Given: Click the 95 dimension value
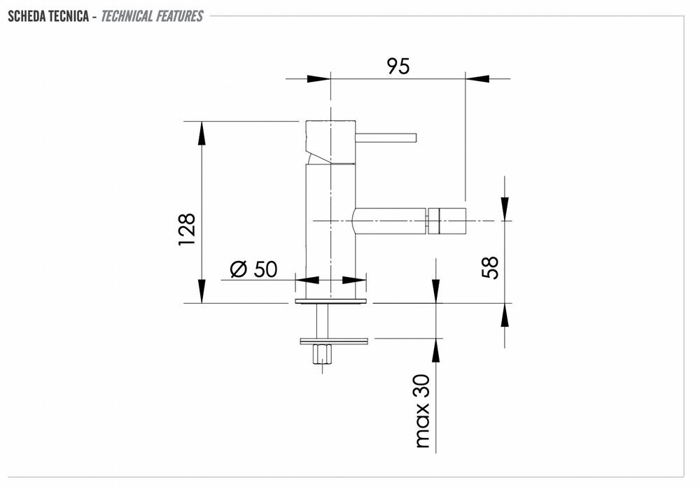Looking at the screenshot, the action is (x=398, y=66).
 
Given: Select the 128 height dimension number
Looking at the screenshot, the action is (x=187, y=230).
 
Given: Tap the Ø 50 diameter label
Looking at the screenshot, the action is (x=253, y=269).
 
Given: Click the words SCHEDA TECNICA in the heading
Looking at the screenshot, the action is (x=48, y=17).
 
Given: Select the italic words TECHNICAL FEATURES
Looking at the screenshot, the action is (x=152, y=17).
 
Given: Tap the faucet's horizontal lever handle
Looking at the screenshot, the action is (x=386, y=137).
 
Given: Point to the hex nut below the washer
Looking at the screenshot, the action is (x=323, y=354).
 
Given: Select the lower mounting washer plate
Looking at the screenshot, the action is (x=335, y=341).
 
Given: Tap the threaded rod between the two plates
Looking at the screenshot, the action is (x=322, y=321).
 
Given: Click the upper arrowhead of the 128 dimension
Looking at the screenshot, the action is (x=202, y=132).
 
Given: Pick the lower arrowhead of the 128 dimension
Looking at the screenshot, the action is (x=202, y=292).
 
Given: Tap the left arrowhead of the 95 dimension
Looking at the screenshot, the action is (x=318, y=78).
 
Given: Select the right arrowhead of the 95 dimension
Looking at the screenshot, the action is (x=477, y=78).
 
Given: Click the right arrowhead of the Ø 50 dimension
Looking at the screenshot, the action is (x=354, y=281).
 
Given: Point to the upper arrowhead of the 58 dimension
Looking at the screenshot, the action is (x=505, y=209).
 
